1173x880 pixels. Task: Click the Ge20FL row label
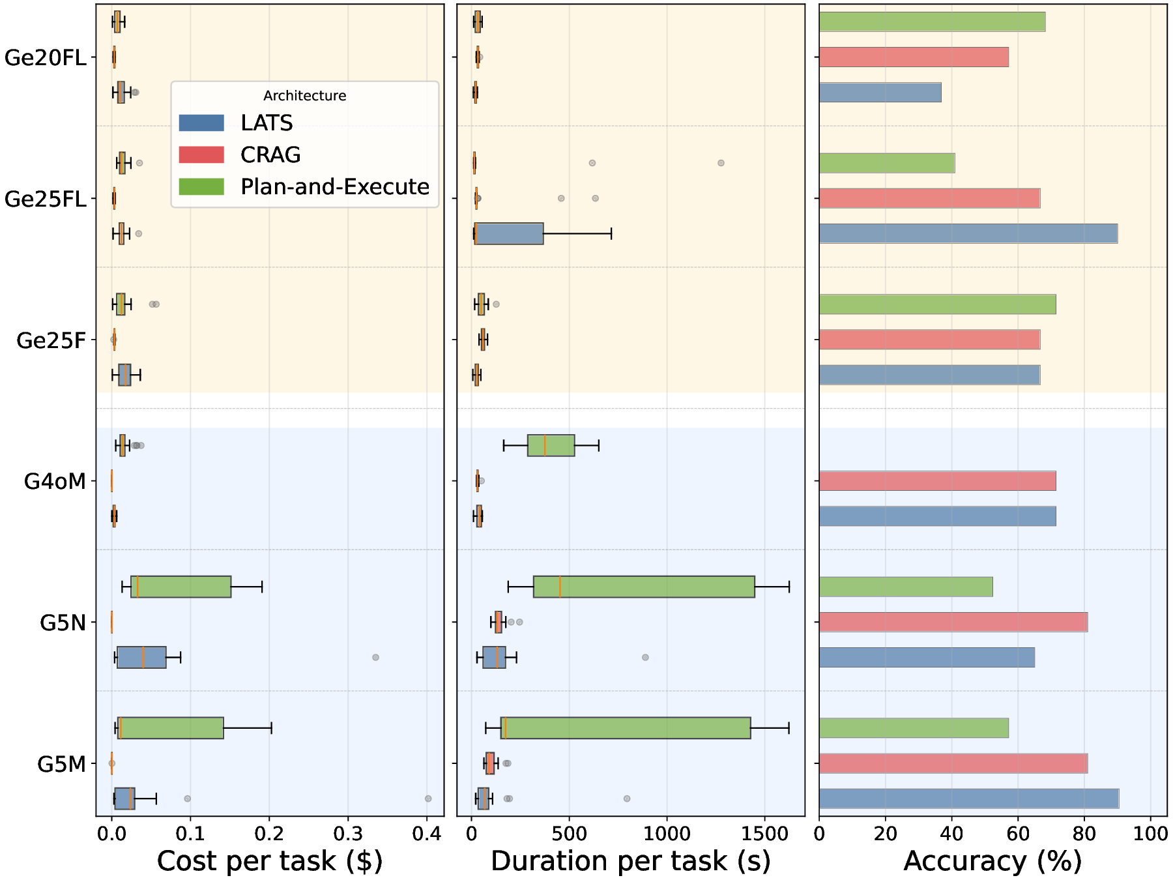[x=45, y=58]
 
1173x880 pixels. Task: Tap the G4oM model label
[x=55, y=482]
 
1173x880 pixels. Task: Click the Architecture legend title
[x=304, y=96]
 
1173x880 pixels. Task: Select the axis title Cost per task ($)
[x=269, y=861]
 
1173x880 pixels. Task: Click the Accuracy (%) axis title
[x=992, y=861]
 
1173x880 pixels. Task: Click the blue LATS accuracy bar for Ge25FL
[x=968, y=233]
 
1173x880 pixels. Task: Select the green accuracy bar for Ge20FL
[x=932, y=22]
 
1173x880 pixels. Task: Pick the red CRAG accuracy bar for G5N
[x=953, y=622]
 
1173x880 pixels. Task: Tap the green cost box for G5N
[x=181, y=587]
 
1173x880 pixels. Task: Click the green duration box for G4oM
[x=551, y=445]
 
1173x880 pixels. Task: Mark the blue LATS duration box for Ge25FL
[x=509, y=233]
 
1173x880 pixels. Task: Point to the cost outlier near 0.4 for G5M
[x=428, y=799]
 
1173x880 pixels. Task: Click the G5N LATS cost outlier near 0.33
[x=375, y=657]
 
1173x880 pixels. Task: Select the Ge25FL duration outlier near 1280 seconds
[x=721, y=163]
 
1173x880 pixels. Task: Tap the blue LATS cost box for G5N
[x=141, y=657]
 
